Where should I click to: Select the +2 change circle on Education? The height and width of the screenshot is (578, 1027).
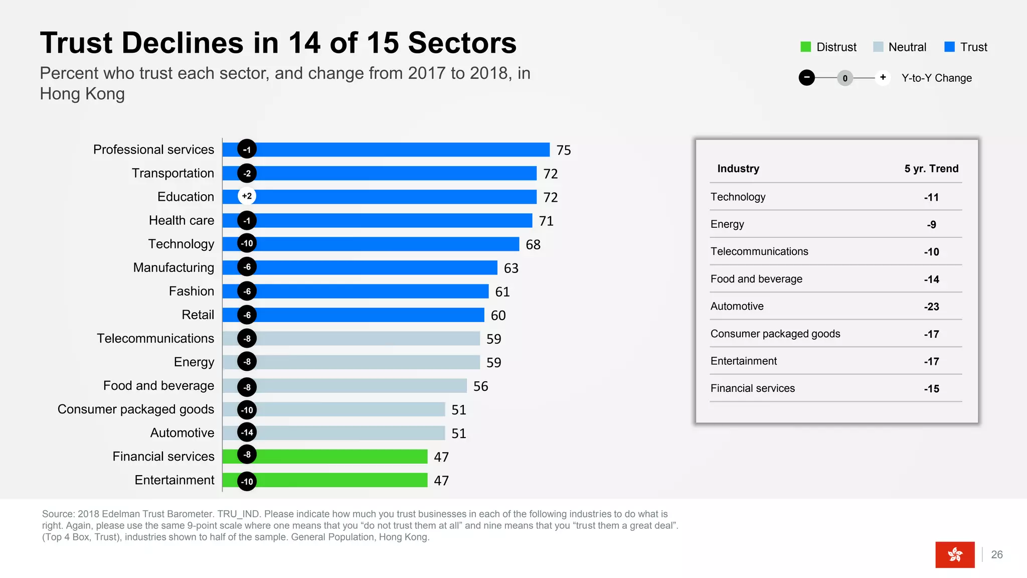[247, 196]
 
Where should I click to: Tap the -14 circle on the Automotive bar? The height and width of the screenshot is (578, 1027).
[247, 432]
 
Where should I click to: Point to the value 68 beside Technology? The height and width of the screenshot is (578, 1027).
[533, 244]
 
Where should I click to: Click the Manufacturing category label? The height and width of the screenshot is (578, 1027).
[174, 267]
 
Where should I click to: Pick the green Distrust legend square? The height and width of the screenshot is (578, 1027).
[805, 47]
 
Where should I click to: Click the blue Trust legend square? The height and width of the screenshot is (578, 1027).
[949, 47]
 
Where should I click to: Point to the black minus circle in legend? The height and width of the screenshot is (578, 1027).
[806, 78]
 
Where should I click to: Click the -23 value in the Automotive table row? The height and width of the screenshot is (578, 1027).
[931, 307]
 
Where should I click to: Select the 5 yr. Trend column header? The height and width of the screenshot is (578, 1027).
[931, 169]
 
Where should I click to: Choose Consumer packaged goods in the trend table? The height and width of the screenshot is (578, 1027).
[775, 334]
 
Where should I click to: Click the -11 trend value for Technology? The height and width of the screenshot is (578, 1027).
[931, 197]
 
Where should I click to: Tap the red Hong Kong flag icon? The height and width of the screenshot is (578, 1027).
[955, 554]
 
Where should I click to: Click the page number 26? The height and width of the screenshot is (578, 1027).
[997, 554]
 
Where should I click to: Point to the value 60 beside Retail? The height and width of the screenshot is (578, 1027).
[498, 315]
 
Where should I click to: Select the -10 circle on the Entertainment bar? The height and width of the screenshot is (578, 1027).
[247, 481]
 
